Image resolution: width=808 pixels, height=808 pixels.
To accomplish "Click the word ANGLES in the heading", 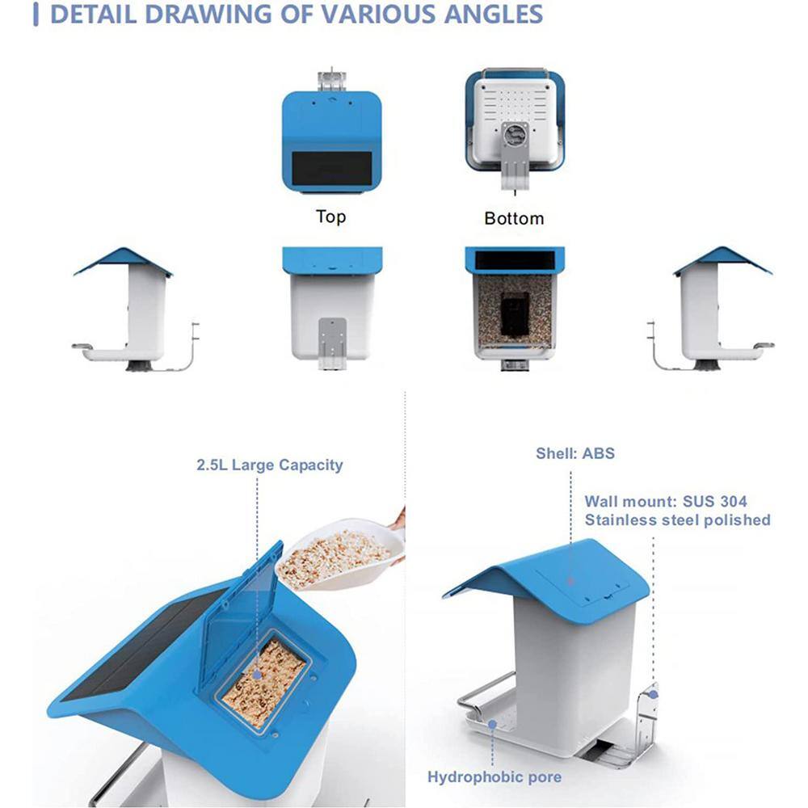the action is (493, 14).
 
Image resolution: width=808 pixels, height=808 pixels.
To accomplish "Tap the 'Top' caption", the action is (330, 217).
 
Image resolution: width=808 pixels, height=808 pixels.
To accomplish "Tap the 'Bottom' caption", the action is (514, 218).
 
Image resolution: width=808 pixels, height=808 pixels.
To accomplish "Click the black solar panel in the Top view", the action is (332, 169).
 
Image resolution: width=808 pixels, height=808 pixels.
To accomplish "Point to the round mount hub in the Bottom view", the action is (514, 136).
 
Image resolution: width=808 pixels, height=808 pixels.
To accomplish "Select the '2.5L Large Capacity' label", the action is (270, 465).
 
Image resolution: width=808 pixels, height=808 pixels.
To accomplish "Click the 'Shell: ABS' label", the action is (575, 453).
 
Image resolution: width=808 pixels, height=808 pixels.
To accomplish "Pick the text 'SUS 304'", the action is (715, 501).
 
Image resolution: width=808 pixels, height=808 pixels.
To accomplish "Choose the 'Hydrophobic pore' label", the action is (494, 776).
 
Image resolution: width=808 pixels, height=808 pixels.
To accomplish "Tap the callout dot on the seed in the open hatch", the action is (257, 675).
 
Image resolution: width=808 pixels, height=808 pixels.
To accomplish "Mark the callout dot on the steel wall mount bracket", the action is (653, 695).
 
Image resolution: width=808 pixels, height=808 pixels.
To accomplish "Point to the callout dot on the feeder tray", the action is (493, 725).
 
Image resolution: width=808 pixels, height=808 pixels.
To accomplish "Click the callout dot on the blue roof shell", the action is (570, 582).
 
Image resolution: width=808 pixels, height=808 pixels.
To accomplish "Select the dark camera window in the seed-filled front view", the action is (515, 315).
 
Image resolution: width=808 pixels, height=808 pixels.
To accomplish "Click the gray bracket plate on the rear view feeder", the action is (332, 338).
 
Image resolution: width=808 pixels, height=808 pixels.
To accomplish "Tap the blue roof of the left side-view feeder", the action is (123, 261).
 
